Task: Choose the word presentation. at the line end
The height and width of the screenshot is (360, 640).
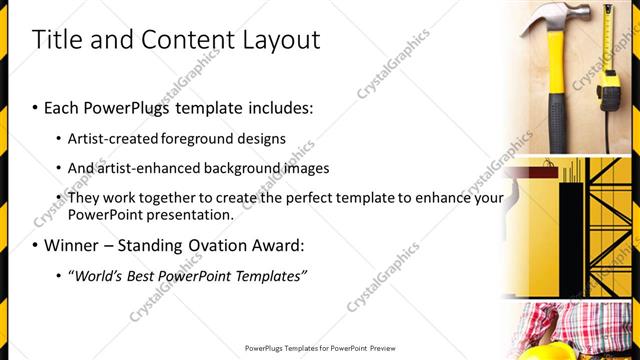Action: pos(190,214)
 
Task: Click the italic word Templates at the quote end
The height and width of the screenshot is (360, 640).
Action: pos(270,275)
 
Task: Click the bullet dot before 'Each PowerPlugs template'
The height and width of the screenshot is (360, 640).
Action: pos(36,106)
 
